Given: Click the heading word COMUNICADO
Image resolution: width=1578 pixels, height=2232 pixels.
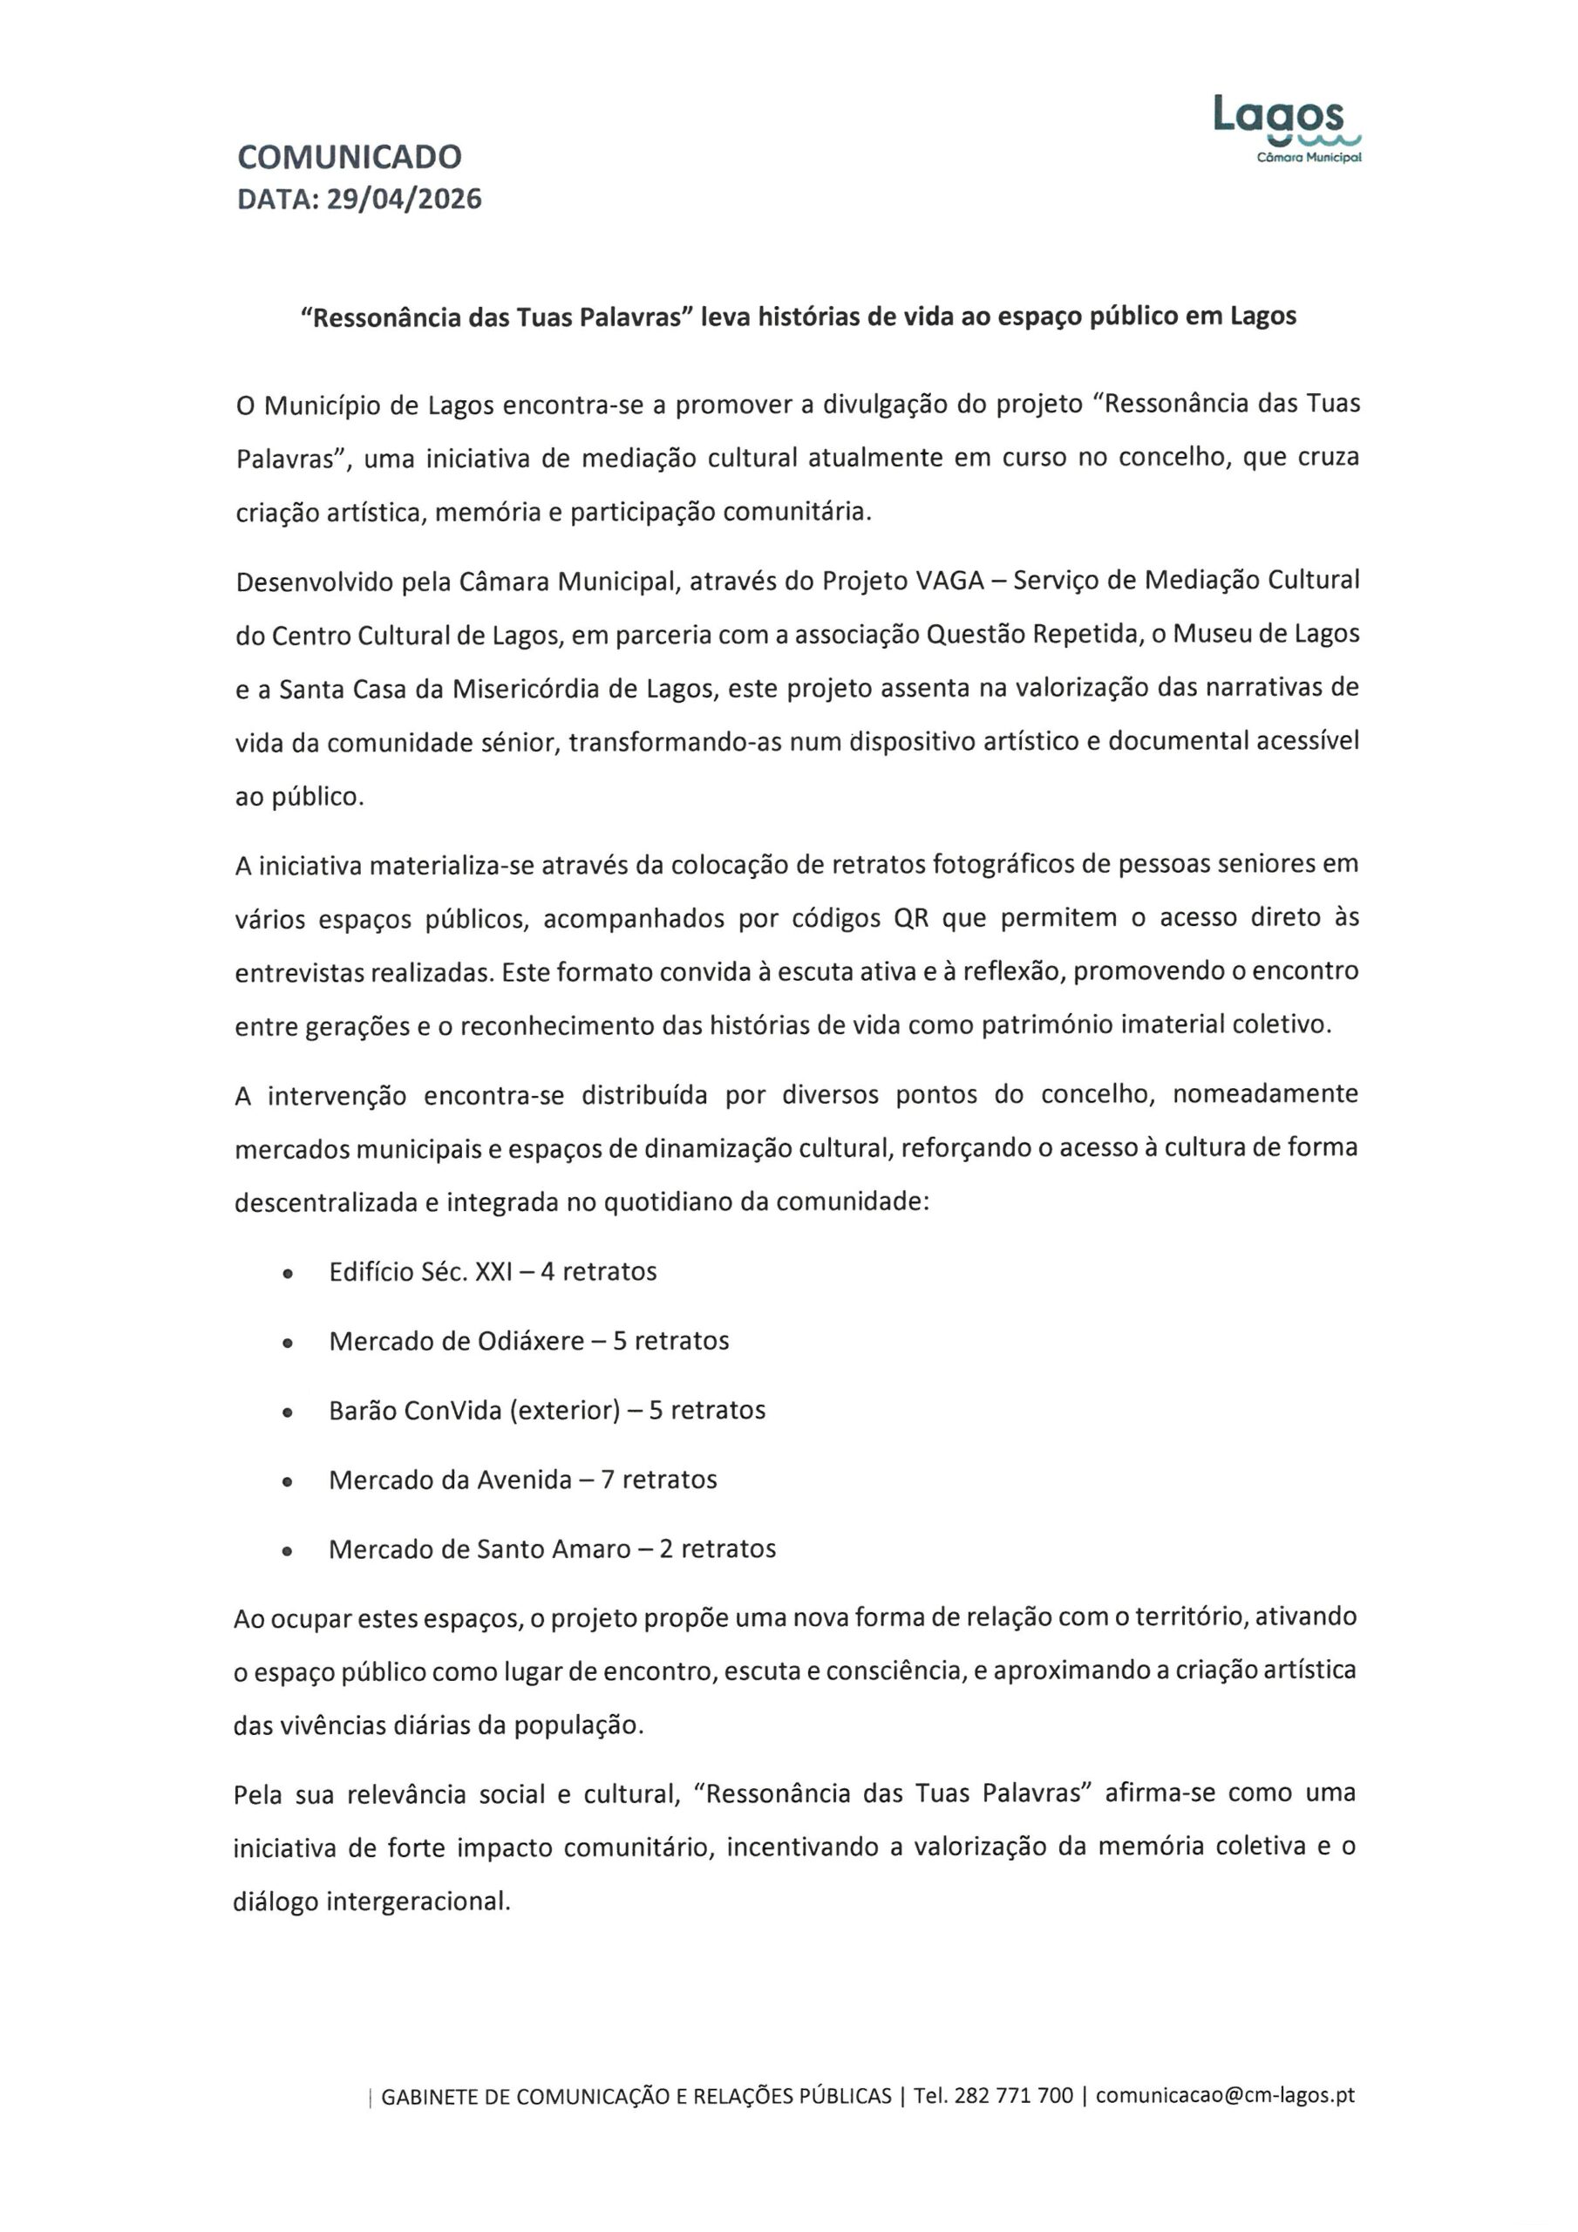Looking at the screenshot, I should point(349,157).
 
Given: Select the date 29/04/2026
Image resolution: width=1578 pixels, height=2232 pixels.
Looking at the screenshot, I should point(404,200).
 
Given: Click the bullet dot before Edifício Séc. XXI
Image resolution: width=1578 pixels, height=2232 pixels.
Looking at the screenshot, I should point(287,1274).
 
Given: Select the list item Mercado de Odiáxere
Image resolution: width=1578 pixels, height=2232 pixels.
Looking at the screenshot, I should point(456,1342).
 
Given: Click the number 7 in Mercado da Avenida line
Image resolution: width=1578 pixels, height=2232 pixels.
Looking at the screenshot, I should point(608,1480).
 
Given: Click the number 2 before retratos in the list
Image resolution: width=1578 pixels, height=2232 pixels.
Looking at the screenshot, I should point(666,1549).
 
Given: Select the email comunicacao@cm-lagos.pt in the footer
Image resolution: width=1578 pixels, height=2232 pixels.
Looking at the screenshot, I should point(1225,2096).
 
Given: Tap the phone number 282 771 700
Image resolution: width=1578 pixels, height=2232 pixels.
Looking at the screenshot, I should point(1013,2096).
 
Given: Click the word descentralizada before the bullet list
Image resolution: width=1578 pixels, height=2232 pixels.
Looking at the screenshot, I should point(326,1203).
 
